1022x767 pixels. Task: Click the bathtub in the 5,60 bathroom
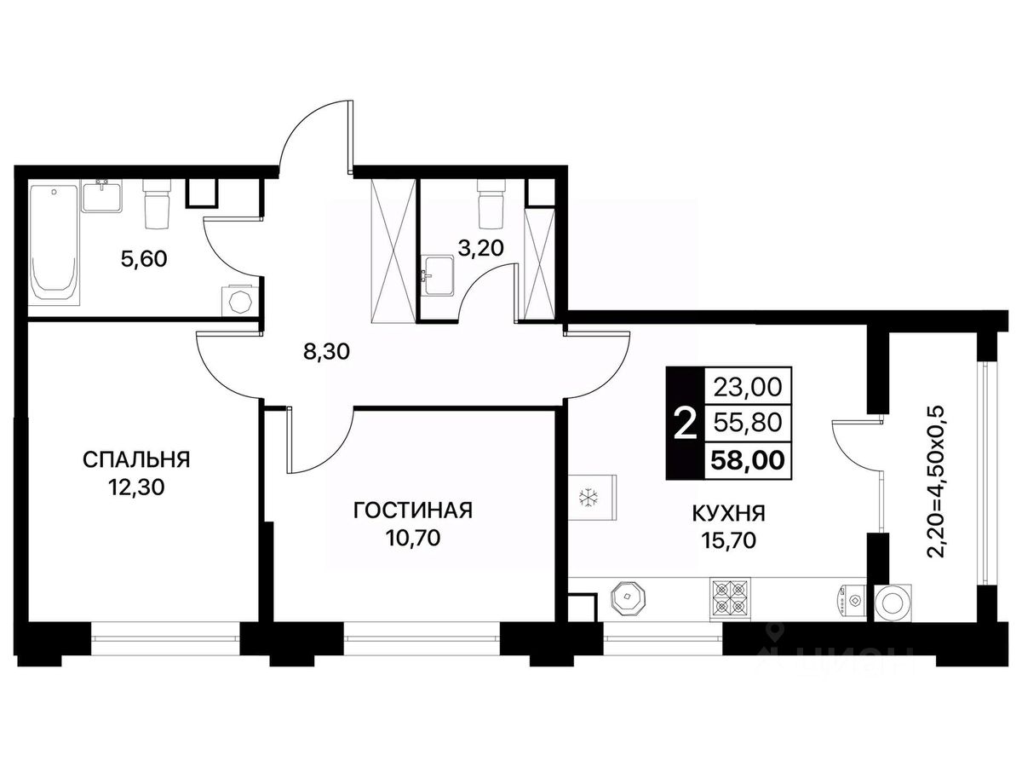pos(54,245)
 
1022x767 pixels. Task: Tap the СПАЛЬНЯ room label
pos(136,459)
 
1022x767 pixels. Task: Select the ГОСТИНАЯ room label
pos(413,510)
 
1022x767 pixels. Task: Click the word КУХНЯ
pos(729,514)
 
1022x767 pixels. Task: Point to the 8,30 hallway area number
pos(326,352)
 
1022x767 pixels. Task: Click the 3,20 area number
pos(481,248)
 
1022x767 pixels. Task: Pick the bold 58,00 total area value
pos(748,460)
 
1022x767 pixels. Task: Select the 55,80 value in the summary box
pos(748,424)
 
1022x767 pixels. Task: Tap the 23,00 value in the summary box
pos(748,387)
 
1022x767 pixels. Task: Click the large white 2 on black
pos(686,424)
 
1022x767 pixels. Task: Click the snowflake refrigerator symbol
pos(588,498)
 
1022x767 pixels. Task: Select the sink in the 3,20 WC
pos(438,274)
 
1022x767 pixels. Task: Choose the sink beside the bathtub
pos(102,196)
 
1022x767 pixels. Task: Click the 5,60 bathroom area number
pos(144,259)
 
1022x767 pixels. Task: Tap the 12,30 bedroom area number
pos(136,487)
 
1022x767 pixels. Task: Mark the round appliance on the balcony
pos(894,603)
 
